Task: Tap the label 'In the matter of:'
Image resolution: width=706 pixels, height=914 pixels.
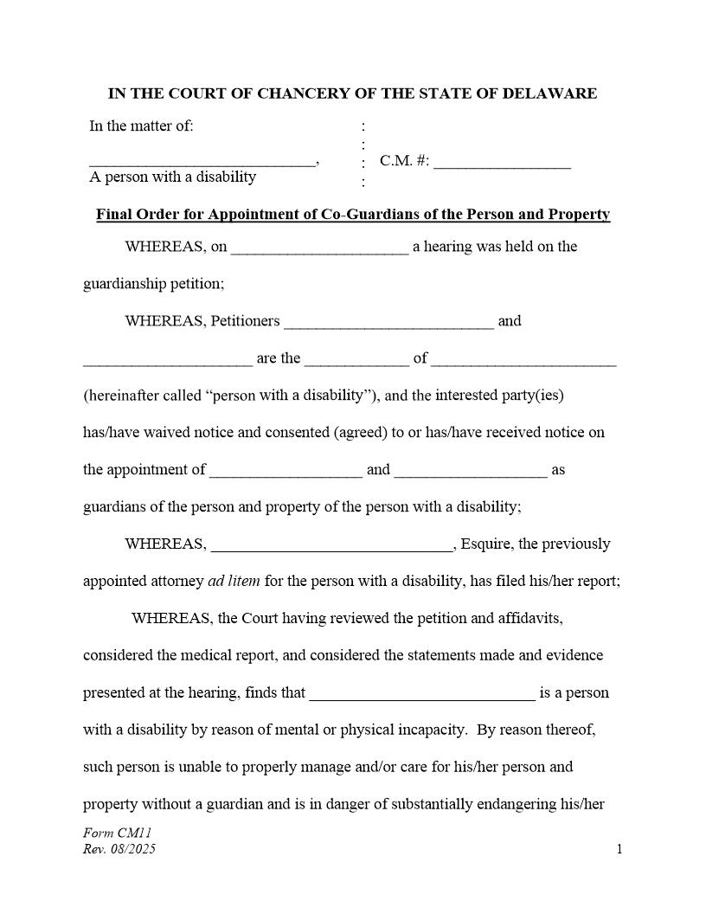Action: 141,126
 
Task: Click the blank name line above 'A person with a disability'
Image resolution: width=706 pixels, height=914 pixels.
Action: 202,163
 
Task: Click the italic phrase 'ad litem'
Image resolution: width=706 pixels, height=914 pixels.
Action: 234,582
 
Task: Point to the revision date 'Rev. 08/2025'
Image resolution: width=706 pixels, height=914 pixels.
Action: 119,849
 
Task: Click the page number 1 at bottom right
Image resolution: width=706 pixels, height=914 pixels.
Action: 619,849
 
